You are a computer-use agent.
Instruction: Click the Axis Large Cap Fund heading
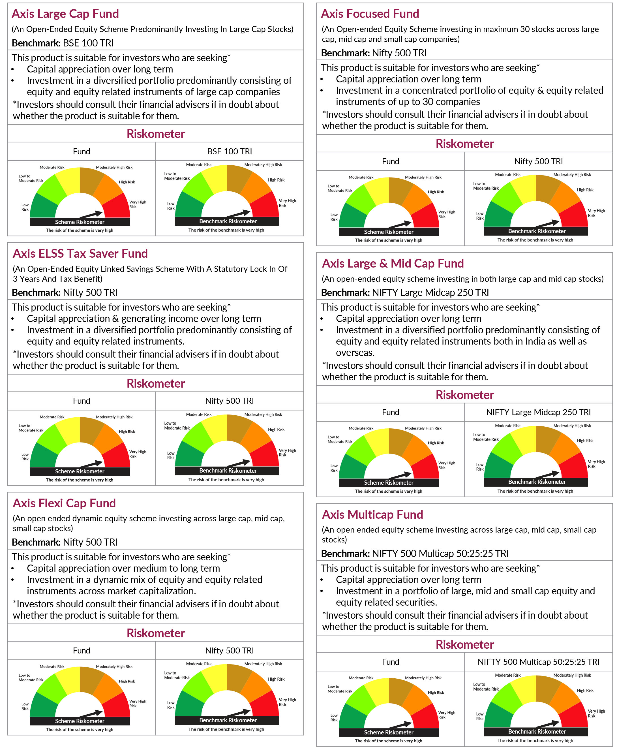[65, 14]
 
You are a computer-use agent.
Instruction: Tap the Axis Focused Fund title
[370, 14]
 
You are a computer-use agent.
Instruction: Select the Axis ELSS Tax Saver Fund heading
[80, 253]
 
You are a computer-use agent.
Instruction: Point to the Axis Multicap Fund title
[372, 514]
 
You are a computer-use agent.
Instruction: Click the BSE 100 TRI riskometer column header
[230, 151]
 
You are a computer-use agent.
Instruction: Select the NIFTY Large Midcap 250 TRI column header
[538, 412]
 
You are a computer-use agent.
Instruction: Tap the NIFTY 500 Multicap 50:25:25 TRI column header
[538, 662]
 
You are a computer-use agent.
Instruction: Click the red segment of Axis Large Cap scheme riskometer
[117, 207]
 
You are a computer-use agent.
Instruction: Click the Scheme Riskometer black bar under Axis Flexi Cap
[80, 721]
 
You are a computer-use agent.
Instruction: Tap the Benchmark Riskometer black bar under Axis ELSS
[228, 471]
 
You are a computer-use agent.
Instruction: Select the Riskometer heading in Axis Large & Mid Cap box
[464, 395]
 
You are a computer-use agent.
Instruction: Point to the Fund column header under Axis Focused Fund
[390, 161]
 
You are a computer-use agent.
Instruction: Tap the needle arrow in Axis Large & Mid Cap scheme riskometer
[401, 476]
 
